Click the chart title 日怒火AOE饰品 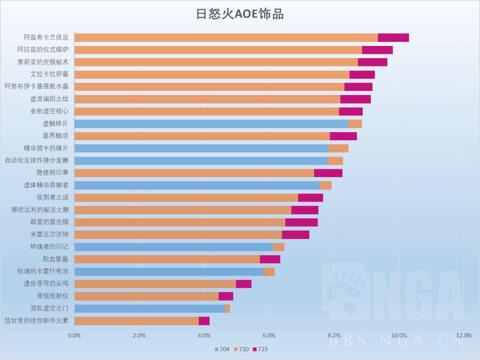[240, 14]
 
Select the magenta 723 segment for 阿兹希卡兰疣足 [393, 37]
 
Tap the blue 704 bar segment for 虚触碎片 [211, 124]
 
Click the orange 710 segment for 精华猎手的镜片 [338, 148]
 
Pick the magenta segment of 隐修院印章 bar [328, 172]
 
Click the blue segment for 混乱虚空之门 [150, 308]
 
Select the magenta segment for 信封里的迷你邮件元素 [204, 321]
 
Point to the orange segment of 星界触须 [202, 136]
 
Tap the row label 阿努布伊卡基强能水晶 [37, 86]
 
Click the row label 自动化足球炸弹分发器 [37, 160]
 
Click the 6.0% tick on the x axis [269, 335]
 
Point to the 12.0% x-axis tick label [463, 335]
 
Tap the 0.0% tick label [75, 335]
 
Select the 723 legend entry [260, 349]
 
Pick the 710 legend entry [241, 349]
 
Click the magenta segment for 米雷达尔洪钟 [295, 234]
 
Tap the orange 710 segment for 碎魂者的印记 [278, 247]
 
